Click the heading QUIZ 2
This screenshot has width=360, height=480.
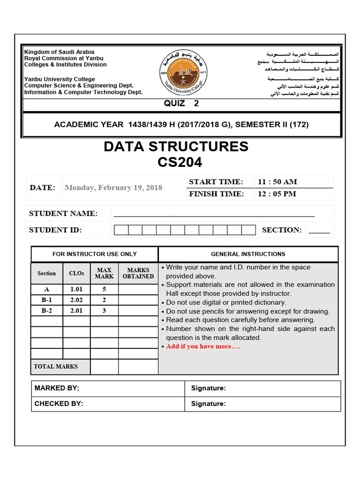point(181,104)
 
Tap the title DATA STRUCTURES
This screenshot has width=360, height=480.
point(176,147)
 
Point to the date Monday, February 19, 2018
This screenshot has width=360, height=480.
point(113,187)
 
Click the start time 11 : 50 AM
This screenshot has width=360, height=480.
point(277,182)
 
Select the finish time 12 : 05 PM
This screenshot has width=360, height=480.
point(277,194)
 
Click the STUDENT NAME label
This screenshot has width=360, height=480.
point(63,214)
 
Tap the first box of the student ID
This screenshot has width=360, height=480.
point(121,230)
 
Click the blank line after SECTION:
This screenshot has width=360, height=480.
point(319,230)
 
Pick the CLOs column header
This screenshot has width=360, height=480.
point(76,273)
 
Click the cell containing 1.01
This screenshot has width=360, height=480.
point(76,290)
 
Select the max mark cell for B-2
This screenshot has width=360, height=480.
point(105,310)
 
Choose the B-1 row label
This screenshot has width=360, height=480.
point(46,300)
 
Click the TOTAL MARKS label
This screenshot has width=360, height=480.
point(56,367)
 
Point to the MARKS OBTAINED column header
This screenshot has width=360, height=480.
point(138,273)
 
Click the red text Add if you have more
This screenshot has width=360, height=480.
point(203,346)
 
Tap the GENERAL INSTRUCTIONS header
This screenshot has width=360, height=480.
point(248,254)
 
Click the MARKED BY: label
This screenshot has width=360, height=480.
point(57,388)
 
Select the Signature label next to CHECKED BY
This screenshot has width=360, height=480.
point(208,404)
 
